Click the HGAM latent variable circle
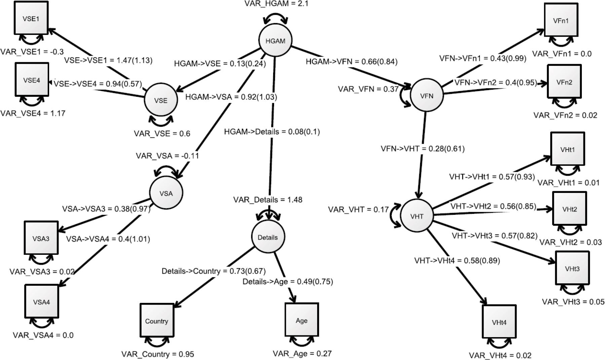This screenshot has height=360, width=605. (275, 41)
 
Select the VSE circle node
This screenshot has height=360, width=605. (161, 100)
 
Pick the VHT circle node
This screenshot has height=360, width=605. (417, 216)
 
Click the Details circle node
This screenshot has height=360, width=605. (268, 237)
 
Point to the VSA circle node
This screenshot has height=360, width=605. (166, 193)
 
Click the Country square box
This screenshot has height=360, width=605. (157, 321)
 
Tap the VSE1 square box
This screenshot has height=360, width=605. (31, 18)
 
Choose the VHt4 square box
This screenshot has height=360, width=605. (499, 322)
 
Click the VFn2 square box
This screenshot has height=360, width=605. (564, 82)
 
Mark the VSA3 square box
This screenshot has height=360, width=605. (41, 238)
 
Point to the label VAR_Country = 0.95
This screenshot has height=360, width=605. (158, 354)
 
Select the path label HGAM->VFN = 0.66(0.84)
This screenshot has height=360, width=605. (351, 62)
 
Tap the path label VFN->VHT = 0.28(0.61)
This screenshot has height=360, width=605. (422, 149)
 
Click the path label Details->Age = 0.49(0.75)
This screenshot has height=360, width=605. (288, 281)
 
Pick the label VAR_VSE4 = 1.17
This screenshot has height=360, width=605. (33, 113)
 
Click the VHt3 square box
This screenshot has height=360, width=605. (572, 268)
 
